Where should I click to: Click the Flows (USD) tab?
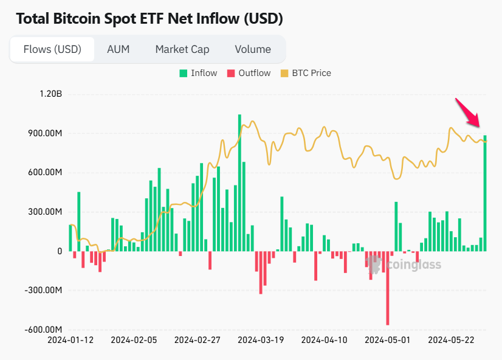tap(52, 49)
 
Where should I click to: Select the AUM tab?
tap(119, 49)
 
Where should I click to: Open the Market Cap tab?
tap(182, 49)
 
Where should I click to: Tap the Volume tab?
tap(253, 49)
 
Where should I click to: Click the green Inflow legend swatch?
tap(183, 73)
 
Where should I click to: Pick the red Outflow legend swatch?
tap(231, 73)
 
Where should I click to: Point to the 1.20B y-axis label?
tap(50, 94)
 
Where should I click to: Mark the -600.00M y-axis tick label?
tap(43, 330)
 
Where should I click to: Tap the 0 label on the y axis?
tap(60, 251)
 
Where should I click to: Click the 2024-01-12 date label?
tap(70, 341)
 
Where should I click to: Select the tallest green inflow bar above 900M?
tap(239, 182)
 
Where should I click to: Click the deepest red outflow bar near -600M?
tap(388, 288)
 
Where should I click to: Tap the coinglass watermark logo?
tap(404, 265)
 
